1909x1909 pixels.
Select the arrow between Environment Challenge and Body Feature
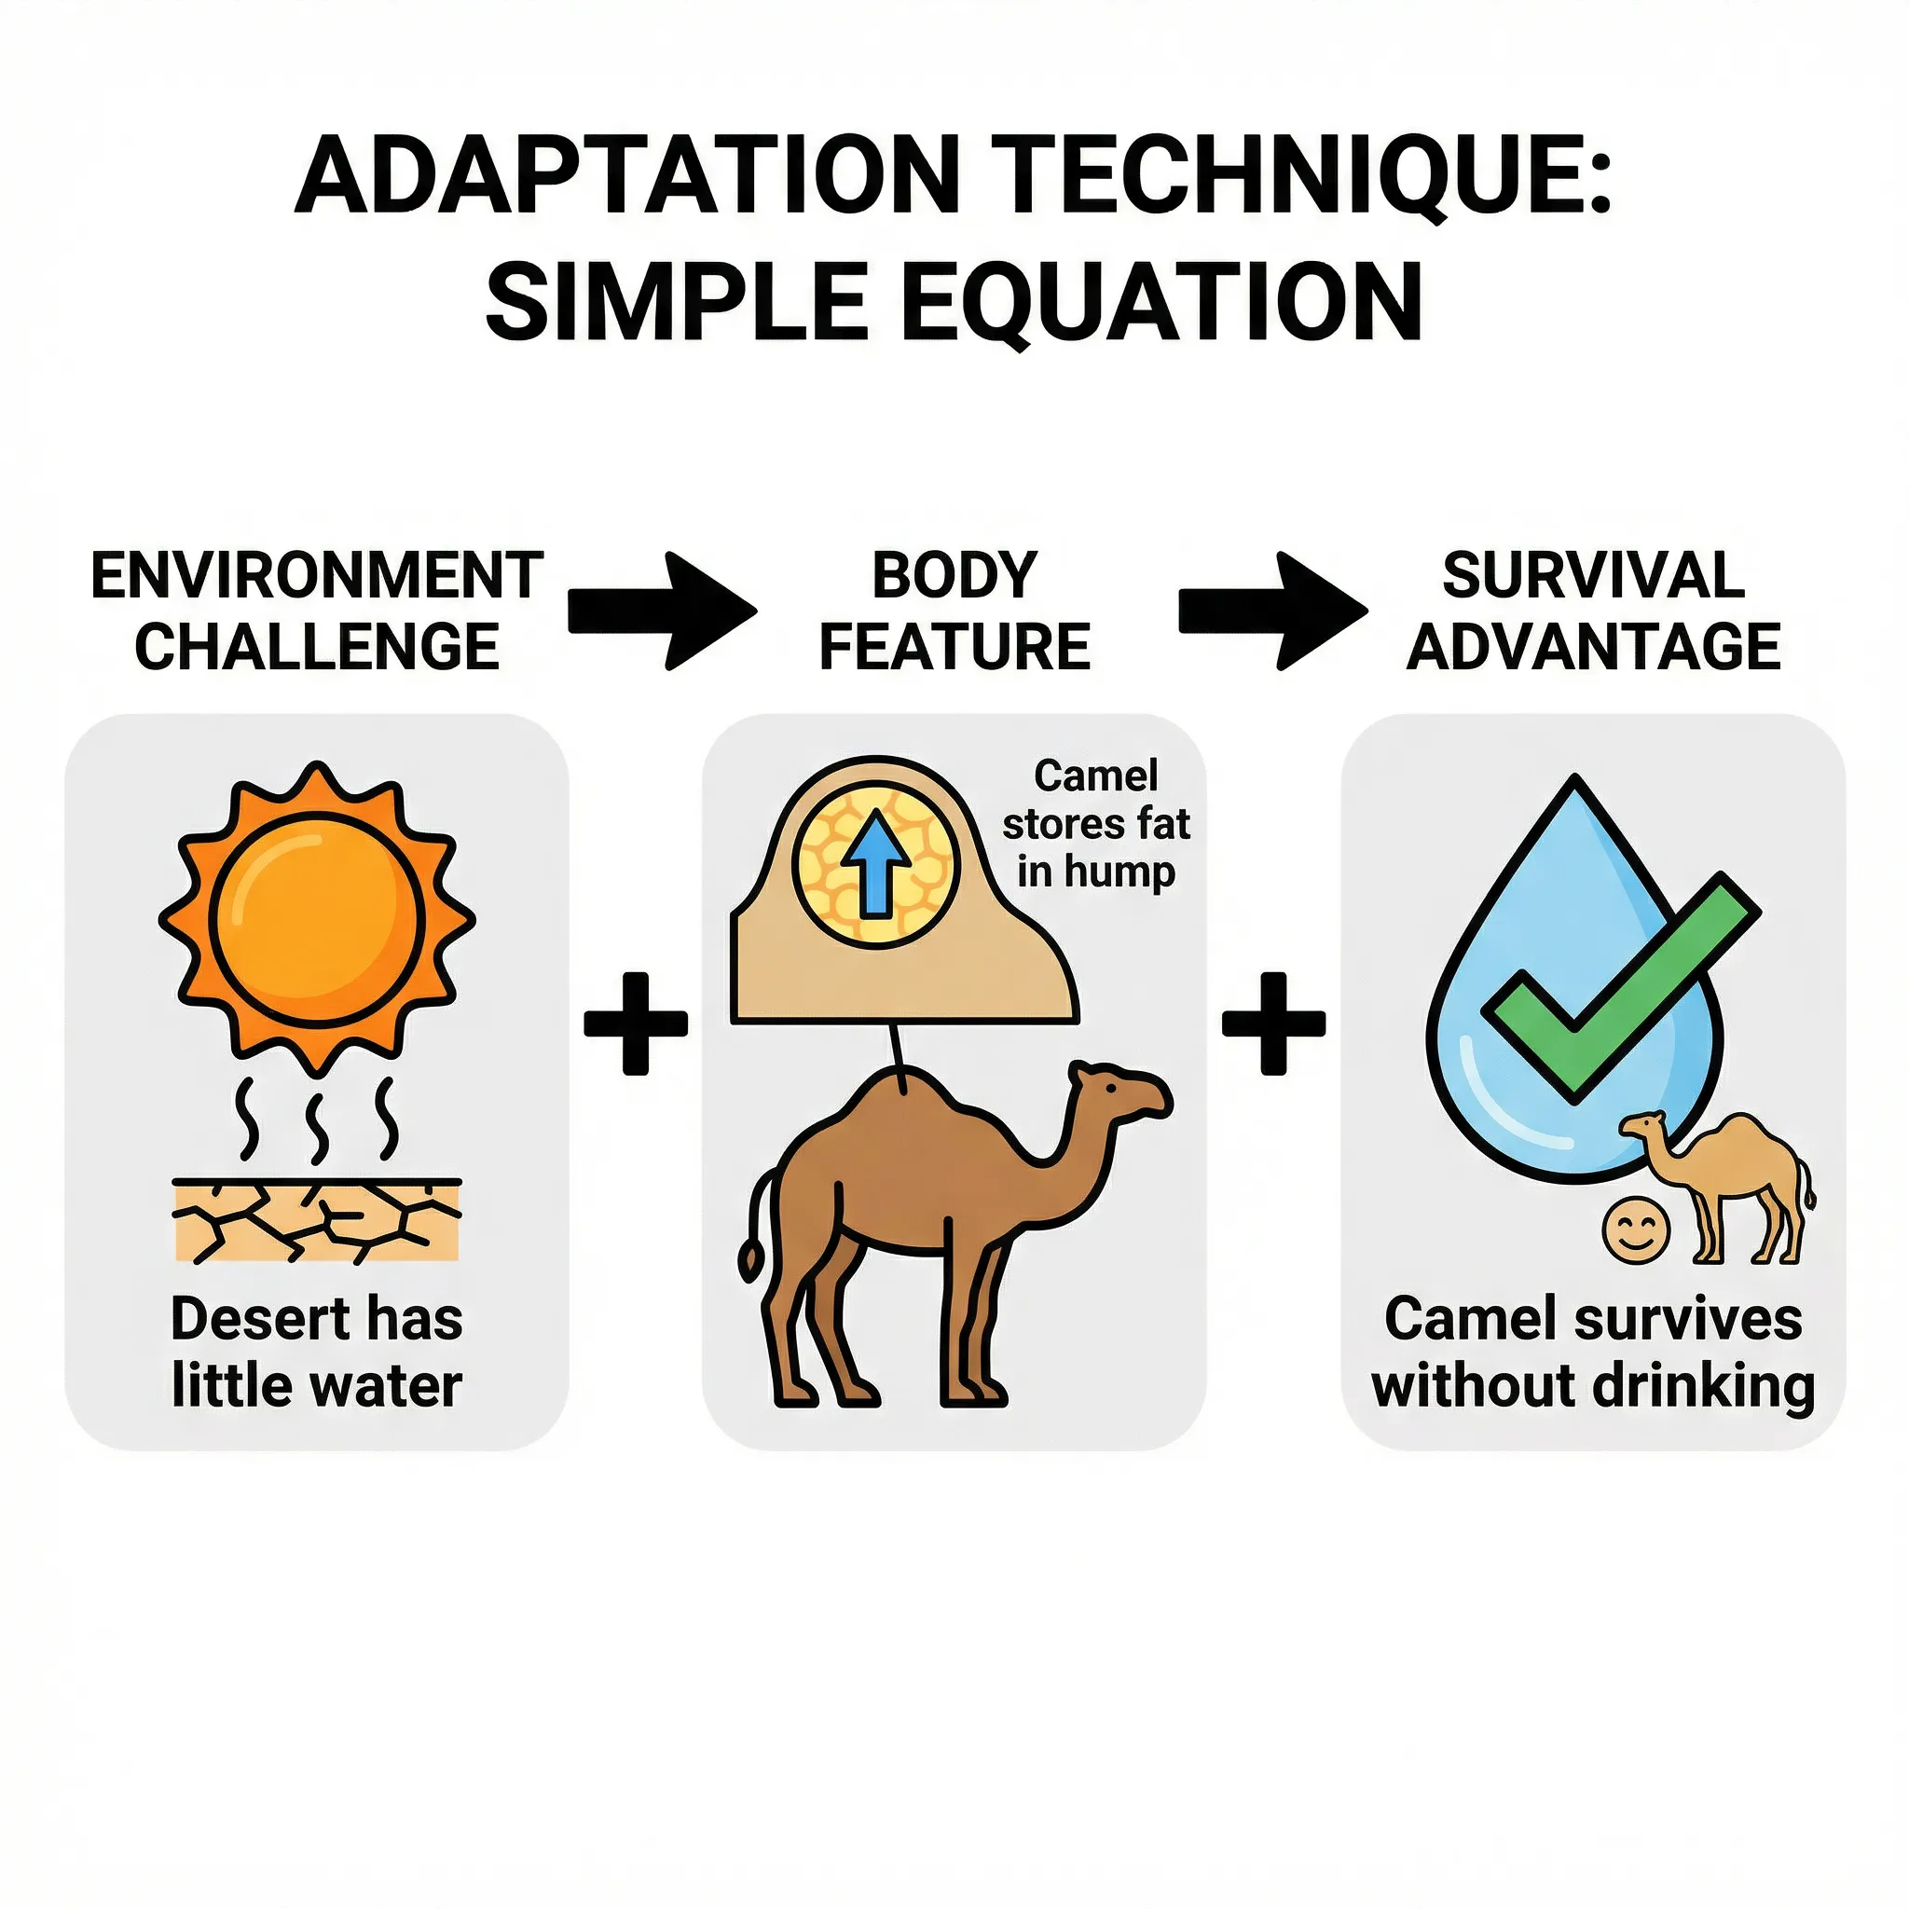[662, 611]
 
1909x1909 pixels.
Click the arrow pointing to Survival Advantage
[1272, 611]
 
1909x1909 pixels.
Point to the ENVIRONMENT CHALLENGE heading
[317, 611]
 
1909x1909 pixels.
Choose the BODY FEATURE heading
[954, 611]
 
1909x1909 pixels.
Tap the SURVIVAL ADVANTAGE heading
[1593, 611]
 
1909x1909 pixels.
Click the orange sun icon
[317, 918]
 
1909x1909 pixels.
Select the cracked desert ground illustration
[317, 1221]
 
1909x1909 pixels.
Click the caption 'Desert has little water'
[317, 1352]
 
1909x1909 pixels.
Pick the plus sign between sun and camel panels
[636, 1023]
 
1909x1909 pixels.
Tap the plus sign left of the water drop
[1273, 1023]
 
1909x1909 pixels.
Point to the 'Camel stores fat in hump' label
[1096, 824]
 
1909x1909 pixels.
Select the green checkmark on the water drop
[1620, 988]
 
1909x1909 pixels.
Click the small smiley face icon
[1635, 1230]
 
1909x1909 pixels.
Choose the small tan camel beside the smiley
[1719, 1187]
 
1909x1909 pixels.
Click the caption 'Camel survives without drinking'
[1593, 1352]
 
